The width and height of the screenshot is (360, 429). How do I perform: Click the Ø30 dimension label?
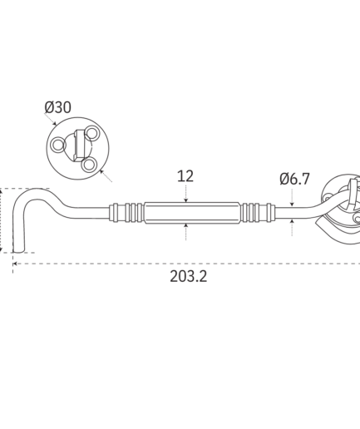coord(58,107)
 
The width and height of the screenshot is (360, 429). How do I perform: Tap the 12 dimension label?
coord(185,176)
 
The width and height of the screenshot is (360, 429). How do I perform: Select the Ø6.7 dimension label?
coord(294,179)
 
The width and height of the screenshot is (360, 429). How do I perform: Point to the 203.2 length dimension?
coord(189,276)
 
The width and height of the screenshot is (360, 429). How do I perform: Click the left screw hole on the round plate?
coord(58,145)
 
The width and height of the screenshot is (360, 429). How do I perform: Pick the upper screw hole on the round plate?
coord(92,133)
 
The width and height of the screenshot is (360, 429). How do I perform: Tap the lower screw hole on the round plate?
coord(89,165)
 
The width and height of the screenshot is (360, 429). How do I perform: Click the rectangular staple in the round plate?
coord(78,145)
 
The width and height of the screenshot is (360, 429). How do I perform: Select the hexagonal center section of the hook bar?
coord(192,213)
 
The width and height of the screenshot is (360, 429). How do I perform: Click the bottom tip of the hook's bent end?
coord(18,252)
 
